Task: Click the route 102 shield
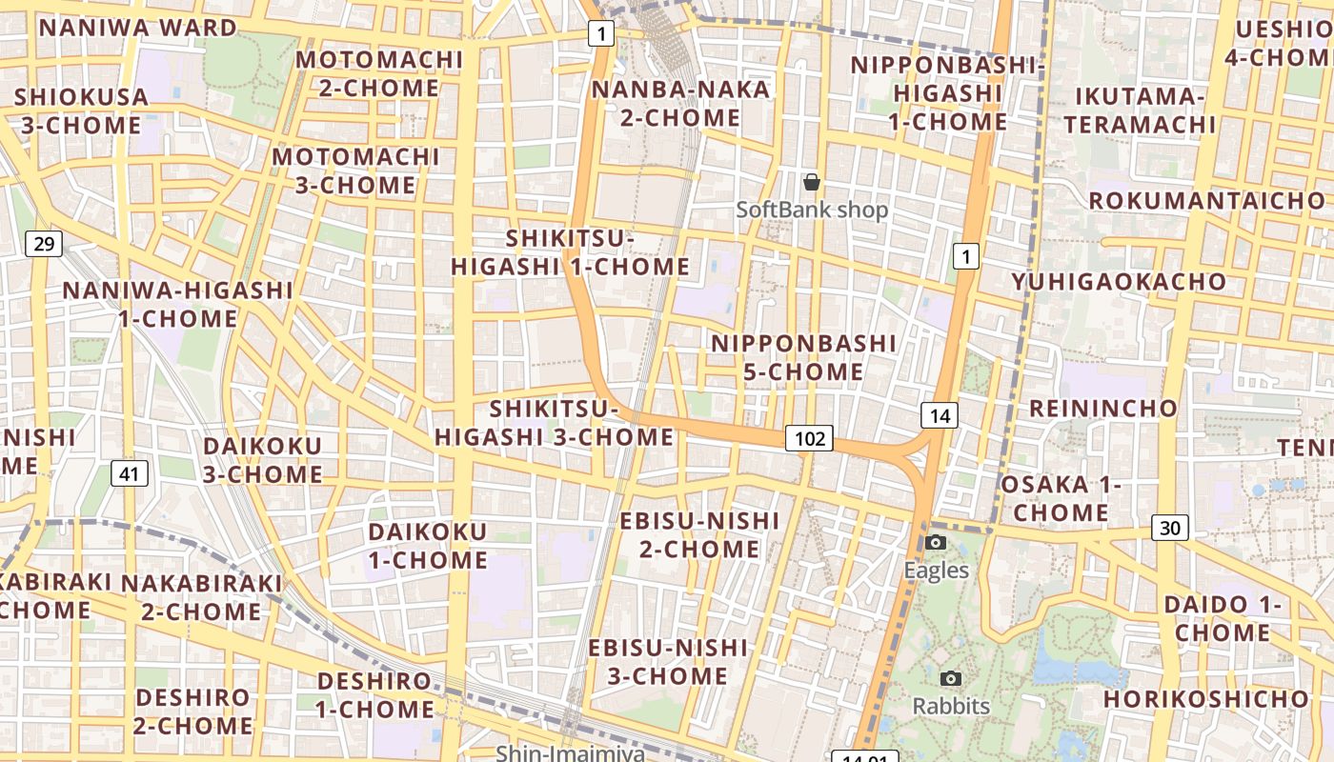(x=809, y=438)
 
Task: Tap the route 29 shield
(x=44, y=244)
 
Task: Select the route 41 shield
(x=130, y=472)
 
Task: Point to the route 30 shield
(x=1170, y=527)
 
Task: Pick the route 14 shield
(x=939, y=415)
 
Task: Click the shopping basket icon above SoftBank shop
(x=812, y=181)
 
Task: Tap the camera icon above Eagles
(x=936, y=542)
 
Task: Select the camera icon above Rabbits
(x=950, y=678)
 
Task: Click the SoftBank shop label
(x=812, y=210)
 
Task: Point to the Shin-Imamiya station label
(x=570, y=752)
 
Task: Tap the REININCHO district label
(x=1103, y=409)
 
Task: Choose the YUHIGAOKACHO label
(x=1119, y=282)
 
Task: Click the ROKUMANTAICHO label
(x=1207, y=201)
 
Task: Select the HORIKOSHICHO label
(x=1207, y=699)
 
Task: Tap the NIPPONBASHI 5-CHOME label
(x=803, y=357)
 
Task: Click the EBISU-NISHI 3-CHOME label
(x=668, y=662)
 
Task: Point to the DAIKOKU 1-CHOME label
(x=428, y=546)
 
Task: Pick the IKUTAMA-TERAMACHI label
(x=1140, y=110)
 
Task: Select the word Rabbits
(x=951, y=707)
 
